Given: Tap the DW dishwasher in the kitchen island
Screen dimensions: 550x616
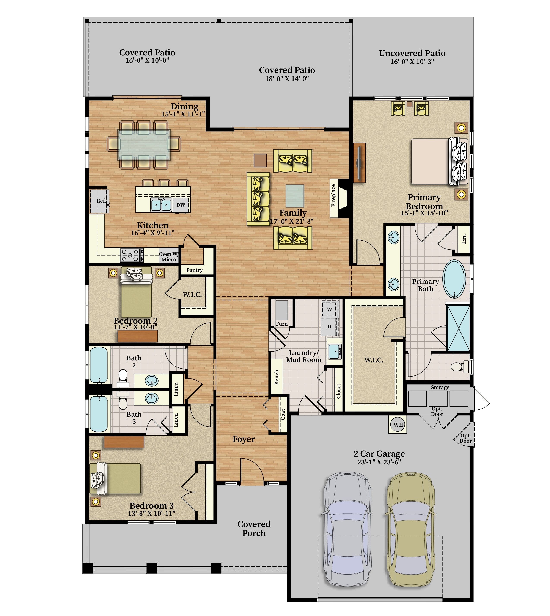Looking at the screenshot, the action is pyautogui.click(x=181, y=205).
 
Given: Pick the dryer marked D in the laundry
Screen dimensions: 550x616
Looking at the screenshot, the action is pyautogui.click(x=329, y=326).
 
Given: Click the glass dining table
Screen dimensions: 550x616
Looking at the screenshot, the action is pyautogui.click(x=144, y=145).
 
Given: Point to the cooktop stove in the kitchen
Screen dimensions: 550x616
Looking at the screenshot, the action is pyautogui.click(x=132, y=255).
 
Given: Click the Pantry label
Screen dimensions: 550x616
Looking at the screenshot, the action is pyautogui.click(x=194, y=270).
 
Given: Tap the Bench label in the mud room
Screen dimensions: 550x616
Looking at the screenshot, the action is pyautogui.click(x=276, y=377).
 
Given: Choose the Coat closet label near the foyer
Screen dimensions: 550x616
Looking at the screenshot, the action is pyautogui.click(x=283, y=414).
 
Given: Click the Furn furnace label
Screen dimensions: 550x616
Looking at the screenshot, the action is pyautogui.click(x=282, y=324).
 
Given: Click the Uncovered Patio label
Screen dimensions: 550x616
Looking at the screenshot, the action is pyautogui.click(x=412, y=53).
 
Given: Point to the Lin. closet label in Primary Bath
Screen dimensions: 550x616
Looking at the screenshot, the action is pyautogui.click(x=464, y=239).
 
